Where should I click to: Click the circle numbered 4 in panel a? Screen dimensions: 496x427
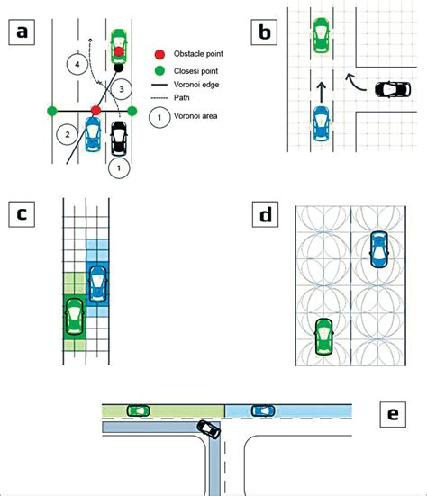tap(79, 66)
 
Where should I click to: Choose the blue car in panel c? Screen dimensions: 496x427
tap(99, 283)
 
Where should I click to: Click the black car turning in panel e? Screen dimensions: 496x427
tap(208, 429)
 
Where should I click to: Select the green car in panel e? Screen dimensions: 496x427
tap(138, 410)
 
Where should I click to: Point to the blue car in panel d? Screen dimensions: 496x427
tap(378, 249)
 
